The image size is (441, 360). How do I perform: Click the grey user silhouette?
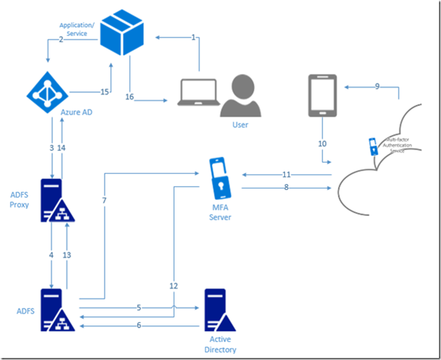pyautogui.click(x=241, y=96)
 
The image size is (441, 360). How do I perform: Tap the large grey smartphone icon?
pyautogui.click(x=322, y=95)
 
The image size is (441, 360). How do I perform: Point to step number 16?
pyautogui.click(x=129, y=97)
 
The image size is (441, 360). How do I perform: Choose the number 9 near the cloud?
pyautogui.click(x=378, y=86)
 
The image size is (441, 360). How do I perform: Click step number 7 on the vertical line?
pyautogui.click(x=105, y=201)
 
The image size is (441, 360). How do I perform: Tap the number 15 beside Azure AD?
pyautogui.click(x=104, y=92)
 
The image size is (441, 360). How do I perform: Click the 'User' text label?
pyautogui.click(x=240, y=124)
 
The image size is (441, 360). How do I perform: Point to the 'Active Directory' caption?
pyautogui.click(x=220, y=345)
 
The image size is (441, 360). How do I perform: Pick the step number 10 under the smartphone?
pyautogui.click(x=322, y=143)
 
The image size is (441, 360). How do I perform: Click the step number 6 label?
pyautogui.click(x=138, y=325)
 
